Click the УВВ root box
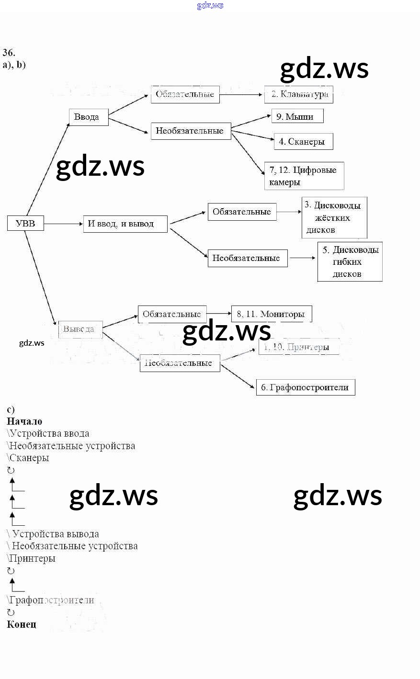(25, 223)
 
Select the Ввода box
(89, 117)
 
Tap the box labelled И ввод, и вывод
(125, 224)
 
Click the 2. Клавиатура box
(299, 94)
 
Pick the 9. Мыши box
(297, 116)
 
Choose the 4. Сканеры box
(303, 142)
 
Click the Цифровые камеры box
(304, 176)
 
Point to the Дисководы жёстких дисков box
(334, 217)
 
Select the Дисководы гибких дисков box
(350, 261)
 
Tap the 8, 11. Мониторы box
(272, 314)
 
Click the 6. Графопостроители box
(306, 387)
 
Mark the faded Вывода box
(80, 329)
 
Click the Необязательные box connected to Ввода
(191, 131)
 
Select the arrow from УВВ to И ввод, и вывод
(63, 224)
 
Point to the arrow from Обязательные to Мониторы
(219, 314)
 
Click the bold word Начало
(24, 421)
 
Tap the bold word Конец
(22, 624)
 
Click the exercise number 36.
(9, 53)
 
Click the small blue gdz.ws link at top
(210, 5)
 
